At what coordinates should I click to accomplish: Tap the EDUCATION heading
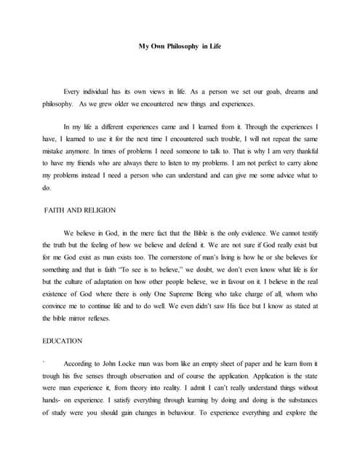(63, 341)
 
